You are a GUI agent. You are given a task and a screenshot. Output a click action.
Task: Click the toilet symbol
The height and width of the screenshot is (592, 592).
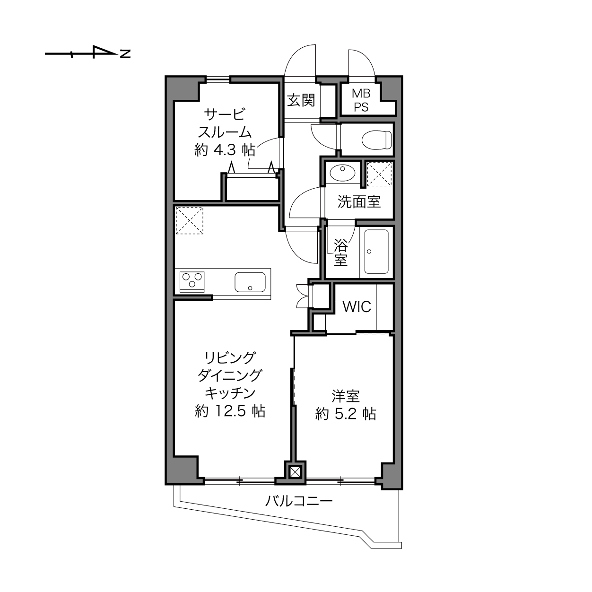point(377,140)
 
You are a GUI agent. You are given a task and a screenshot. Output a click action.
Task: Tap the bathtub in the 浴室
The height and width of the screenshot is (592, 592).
point(376,252)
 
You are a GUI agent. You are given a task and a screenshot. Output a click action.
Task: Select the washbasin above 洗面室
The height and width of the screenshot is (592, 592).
point(342,173)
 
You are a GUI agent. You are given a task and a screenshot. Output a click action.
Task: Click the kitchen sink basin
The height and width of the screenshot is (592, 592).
point(250,282)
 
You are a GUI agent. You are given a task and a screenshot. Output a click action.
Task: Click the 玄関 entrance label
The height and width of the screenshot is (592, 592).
point(301,100)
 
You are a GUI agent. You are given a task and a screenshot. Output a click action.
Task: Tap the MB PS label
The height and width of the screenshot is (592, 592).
point(361,100)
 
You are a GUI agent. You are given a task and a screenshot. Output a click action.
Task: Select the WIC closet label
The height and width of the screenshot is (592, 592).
point(357,306)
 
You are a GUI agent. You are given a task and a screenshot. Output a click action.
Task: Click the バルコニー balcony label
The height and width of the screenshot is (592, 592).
point(299,501)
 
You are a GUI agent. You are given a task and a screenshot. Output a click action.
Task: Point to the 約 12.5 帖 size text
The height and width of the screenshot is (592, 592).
point(230,411)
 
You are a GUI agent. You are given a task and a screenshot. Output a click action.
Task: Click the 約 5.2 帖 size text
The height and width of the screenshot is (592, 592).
point(346,414)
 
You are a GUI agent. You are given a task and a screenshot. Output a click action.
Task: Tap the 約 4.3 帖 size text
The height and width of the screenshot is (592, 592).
point(225,150)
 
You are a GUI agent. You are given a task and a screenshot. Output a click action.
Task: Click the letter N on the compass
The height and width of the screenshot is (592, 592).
point(125,54)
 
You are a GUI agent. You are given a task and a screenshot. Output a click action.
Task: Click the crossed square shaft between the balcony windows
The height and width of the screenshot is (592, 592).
point(295,472)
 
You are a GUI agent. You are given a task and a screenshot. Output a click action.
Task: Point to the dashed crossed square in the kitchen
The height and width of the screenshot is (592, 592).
point(189,220)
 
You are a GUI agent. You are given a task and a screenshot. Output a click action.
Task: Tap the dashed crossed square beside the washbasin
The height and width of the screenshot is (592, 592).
point(379,174)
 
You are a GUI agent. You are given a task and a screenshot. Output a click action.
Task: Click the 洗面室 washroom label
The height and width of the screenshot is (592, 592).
point(359,202)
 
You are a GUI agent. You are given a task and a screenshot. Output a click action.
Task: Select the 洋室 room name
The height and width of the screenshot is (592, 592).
point(346,396)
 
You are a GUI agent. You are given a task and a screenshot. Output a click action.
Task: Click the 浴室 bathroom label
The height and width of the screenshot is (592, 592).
point(341,252)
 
